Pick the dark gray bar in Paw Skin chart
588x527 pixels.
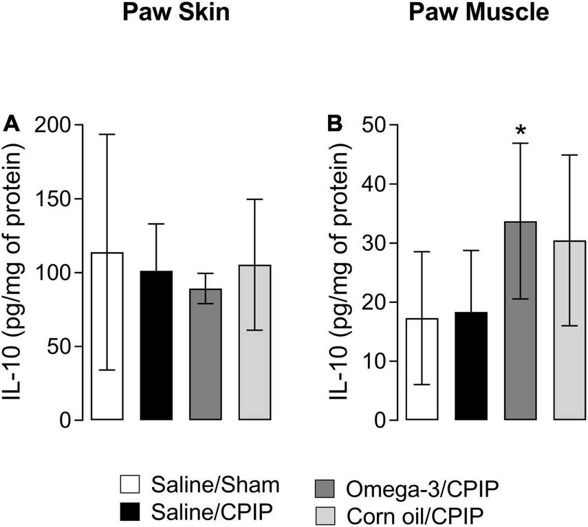coord(206,354)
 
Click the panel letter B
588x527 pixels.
coord(334,124)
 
